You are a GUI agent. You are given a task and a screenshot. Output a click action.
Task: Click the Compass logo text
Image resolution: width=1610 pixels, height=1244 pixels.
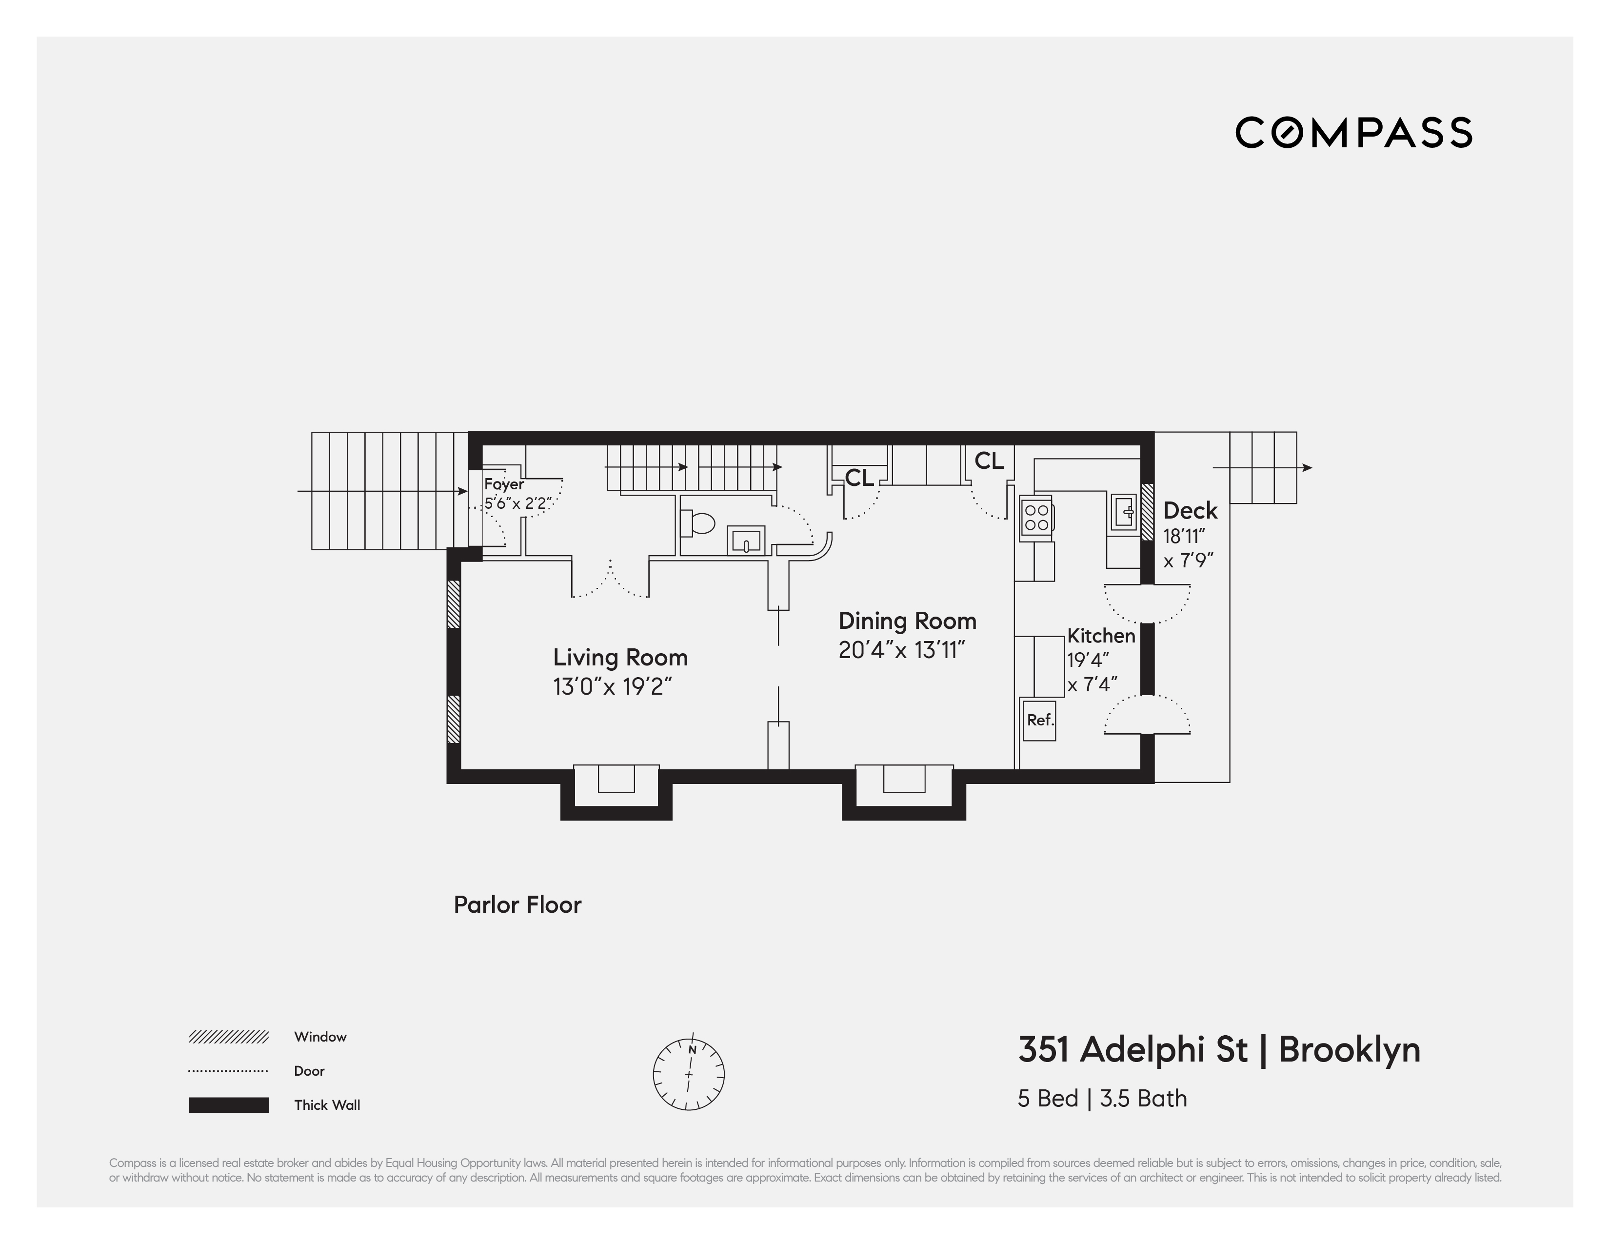[x=1353, y=133]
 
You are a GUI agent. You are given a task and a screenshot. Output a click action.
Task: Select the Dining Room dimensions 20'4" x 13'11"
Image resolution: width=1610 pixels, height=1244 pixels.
[x=901, y=650]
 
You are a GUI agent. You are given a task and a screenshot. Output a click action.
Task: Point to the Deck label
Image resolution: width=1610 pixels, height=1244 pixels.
[x=1190, y=510]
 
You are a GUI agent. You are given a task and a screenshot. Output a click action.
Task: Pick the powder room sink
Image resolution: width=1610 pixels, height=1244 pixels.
[x=746, y=541]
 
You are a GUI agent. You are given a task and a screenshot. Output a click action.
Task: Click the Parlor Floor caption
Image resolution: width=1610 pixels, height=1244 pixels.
[x=517, y=905]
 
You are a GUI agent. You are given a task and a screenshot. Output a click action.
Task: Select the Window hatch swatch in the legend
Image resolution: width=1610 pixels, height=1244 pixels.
[x=229, y=1037]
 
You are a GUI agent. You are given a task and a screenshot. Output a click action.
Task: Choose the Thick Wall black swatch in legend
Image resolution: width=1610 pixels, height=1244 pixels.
[x=229, y=1104]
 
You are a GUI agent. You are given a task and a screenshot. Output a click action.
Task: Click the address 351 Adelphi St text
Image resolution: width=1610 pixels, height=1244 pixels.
[x=1133, y=1049]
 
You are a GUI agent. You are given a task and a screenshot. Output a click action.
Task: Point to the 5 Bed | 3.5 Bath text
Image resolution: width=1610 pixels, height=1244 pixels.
[x=1102, y=1099]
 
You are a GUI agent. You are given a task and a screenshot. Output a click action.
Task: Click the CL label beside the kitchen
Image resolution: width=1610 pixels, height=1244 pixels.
[x=989, y=461]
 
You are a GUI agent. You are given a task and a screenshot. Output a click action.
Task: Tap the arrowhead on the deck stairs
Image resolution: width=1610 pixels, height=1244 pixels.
[x=1307, y=467]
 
